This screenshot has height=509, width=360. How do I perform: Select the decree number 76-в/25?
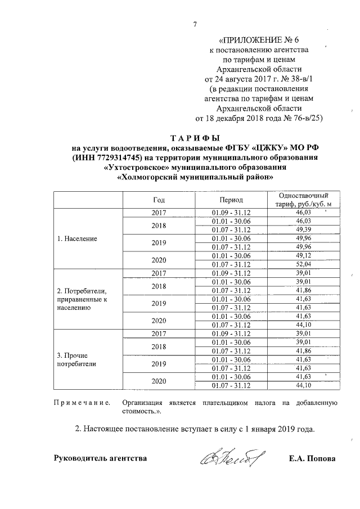click(x=306, y=118)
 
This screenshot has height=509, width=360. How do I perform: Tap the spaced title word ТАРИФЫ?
click(x=194, y=138)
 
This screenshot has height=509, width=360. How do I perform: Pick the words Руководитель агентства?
click(x=100, y=458)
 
